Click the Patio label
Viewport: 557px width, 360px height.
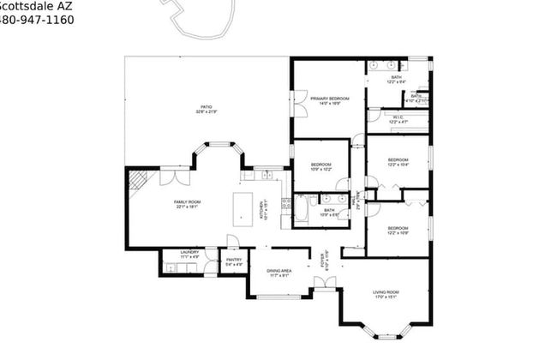(x=207, y=109)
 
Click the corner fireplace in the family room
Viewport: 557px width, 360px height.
(x=137, y=178)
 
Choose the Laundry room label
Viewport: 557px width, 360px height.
(x=189, y=255)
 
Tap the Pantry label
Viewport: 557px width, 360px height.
(x=234, y=261)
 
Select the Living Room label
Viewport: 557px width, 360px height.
(x=386, y=295)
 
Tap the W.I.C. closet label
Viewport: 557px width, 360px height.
(x=397, y=119)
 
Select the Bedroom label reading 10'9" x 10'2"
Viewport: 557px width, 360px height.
(x=321, y=166)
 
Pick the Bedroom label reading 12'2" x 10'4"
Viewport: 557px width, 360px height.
(x=398, y=163)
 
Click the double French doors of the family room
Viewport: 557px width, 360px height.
(x=170, y=177)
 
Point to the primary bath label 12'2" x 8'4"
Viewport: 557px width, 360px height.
(x=396, y=80)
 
